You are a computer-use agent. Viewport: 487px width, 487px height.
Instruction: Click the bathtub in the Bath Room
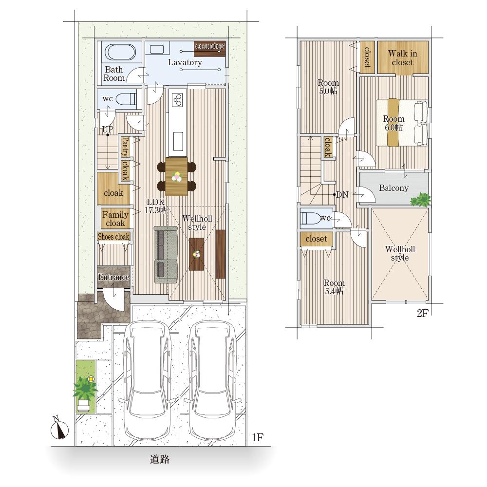[120, 52]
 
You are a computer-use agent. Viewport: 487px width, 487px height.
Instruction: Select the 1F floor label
[258, 437]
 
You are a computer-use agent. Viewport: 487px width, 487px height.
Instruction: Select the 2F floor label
[422, 313]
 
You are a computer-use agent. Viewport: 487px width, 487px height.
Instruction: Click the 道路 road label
[160, 459]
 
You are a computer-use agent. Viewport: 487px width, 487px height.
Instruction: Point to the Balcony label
[393, 188]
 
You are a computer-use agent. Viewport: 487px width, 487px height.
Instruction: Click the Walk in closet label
[403, 58]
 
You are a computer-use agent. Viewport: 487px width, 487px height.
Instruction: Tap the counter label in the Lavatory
[209, 46]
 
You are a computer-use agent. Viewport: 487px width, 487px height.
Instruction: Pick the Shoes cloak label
[113, 237]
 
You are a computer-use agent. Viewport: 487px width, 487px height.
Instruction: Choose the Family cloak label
[115, 219]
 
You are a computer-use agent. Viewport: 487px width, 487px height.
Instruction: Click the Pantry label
[125, 147]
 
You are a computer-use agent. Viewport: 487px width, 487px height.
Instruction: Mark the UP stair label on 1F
[108, 129]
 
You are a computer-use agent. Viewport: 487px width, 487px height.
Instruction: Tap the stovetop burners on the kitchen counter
[177, 99]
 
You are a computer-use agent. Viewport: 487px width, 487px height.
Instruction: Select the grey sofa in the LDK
[166, 255]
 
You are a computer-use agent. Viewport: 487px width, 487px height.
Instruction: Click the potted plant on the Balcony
[420, 199]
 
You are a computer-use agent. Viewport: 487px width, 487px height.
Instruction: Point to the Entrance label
[113, 277]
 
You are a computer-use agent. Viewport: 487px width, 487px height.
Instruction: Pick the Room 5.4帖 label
[334, 287]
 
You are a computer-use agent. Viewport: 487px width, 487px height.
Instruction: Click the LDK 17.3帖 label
[156, 206]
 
